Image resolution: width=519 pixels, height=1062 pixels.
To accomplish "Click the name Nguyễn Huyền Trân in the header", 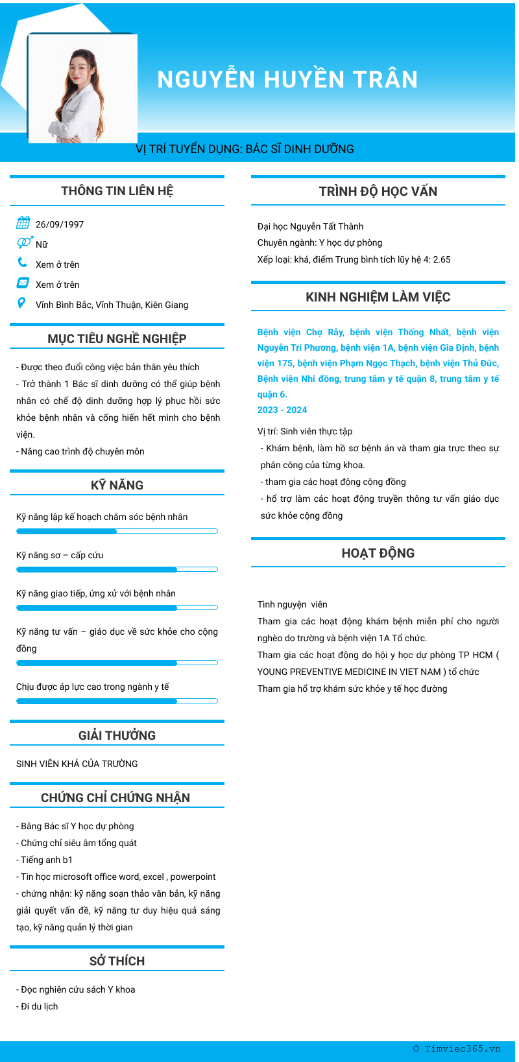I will [x=287, y=79].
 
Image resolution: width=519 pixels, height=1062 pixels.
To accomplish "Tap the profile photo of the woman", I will [x=82, y=88].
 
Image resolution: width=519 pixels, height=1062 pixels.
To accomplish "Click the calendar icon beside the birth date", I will [x=23, y=223].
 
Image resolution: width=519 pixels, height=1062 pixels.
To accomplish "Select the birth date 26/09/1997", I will [x=60, y=224].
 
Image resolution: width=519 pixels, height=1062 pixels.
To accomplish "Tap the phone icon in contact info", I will [x=23, y=263].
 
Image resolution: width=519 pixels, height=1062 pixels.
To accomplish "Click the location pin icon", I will [x=21, y=303].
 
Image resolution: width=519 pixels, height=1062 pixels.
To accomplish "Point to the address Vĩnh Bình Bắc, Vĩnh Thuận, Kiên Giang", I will [x=112, y=305].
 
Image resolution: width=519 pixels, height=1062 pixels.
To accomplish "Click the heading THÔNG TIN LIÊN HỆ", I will [x=117, y=191].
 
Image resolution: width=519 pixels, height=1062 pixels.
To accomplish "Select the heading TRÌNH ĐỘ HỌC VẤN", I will [x=378, y=191].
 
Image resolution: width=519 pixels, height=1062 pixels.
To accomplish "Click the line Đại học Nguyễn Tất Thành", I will [x=310, y=226].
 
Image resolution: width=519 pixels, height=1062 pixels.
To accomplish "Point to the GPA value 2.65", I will [x=442, y=259].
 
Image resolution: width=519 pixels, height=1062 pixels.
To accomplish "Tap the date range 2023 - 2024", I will [x=282, y=410].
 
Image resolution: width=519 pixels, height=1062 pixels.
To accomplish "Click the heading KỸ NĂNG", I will [x=117, y=485].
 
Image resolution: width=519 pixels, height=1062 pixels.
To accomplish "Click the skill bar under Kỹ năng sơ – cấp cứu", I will [x=117, y=570].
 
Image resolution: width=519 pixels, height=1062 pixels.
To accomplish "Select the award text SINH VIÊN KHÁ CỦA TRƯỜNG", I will [x=77, y=764].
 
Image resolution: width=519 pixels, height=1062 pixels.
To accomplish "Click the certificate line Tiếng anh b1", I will [x=47, y=860].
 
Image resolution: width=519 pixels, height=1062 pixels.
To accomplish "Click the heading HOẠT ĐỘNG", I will [x=378, y=553].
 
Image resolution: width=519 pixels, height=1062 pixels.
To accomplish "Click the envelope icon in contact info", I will [x=23, y=283].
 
